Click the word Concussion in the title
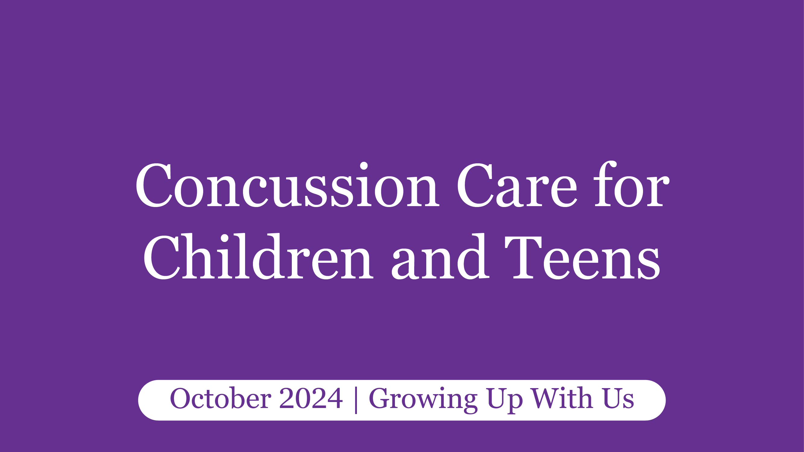287,185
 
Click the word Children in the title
258,257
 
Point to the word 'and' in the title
440,257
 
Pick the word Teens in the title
582,258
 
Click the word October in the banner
220,398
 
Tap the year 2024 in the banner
311,398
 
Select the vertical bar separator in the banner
356,400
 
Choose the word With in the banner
562,398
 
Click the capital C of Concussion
154,185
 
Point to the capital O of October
181,398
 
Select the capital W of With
546,398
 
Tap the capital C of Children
162,258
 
